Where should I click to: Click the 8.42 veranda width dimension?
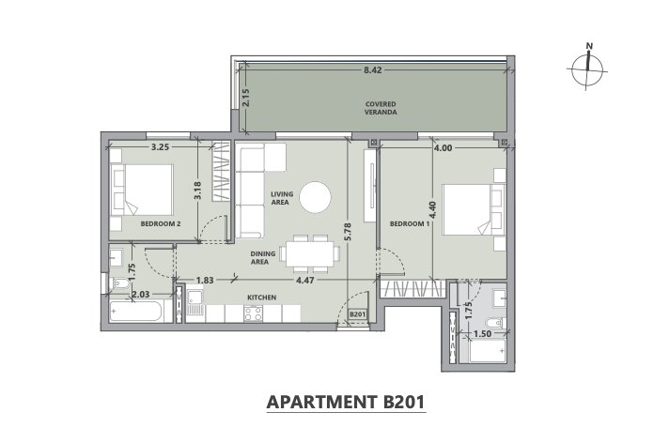tap(372, 70)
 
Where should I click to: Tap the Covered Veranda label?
tap(381, 108)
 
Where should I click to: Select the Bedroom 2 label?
tap(161, 223)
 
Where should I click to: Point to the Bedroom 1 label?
tap(410, 223)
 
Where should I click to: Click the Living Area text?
tap(282, 198)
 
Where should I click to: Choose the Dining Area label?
tap(263, 257)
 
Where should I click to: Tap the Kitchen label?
tap(262, 298)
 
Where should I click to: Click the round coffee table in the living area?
tap(316, 197)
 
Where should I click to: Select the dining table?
tap(309, 253)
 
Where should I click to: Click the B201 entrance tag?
tap(357, 314)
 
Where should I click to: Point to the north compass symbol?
tap(587, 67)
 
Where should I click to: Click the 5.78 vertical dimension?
tap(349, 232)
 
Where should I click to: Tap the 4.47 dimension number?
tap(304, 281)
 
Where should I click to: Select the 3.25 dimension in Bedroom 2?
tap(160, 146)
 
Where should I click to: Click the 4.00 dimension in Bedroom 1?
tap(443, 147)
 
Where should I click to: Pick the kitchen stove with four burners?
tap(253, 313)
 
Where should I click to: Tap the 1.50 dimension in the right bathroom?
tap(483, 333)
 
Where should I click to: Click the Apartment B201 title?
tap(346, 402)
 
